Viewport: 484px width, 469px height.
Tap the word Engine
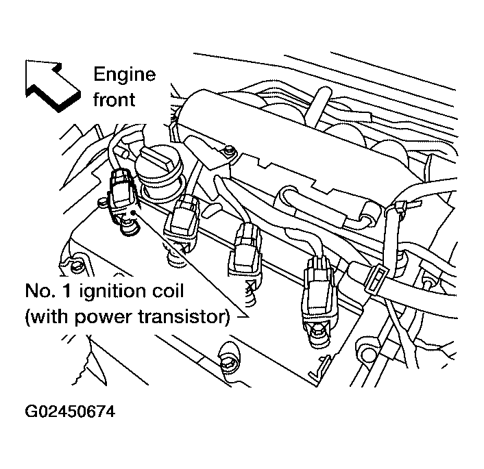tap(124, 74)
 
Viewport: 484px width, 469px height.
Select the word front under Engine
tap(115, 99)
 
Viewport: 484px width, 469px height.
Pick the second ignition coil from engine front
tap(182, 220)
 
